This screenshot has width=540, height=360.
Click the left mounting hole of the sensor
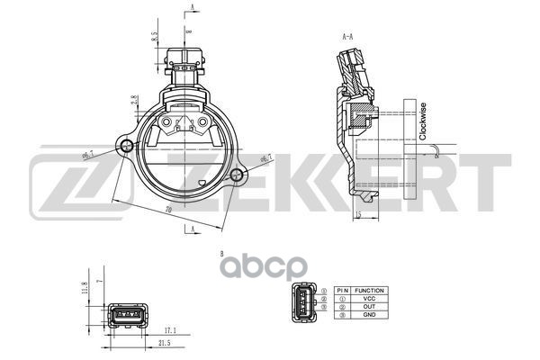[125, 146]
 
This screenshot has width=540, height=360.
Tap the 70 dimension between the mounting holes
[168, 210]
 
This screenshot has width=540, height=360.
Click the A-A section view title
[346, 39]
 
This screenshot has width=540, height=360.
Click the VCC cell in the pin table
[369, 299]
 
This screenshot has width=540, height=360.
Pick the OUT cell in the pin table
[369, 308]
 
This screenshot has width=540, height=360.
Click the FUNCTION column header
[369, 291]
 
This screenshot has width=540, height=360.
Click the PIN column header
[342, 291]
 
